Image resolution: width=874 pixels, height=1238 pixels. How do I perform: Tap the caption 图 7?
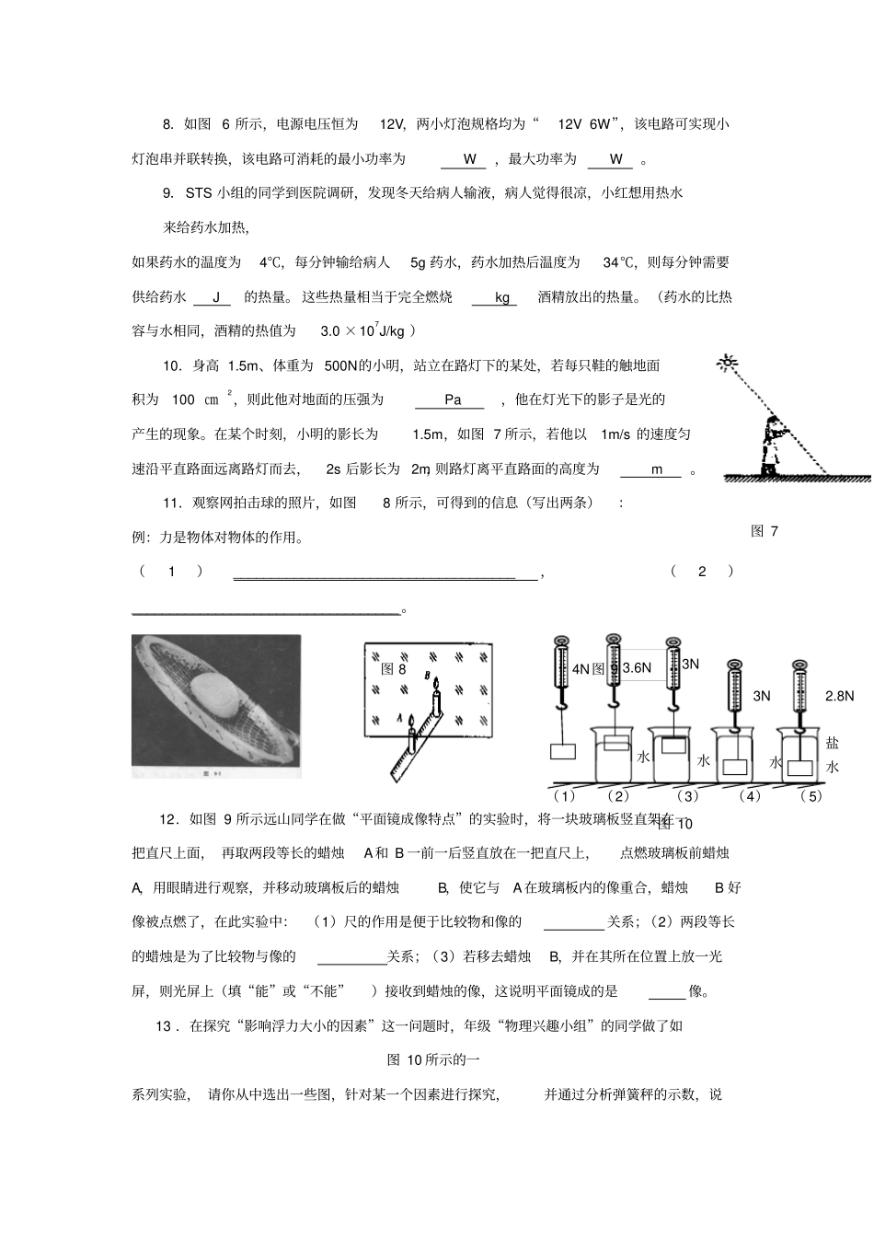[765, 531]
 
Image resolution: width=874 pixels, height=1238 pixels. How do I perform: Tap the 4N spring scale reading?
[581, 669]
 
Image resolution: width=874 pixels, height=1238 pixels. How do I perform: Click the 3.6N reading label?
[637, 668]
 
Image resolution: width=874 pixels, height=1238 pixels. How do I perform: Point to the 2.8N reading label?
[839, 696]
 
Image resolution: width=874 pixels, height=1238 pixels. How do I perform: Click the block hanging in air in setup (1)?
[562, 751]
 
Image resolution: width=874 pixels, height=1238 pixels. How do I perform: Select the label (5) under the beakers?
[811, 795]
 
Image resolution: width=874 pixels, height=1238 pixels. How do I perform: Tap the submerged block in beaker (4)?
[734, 766]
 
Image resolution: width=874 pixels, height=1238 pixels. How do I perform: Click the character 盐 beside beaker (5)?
[832, 744]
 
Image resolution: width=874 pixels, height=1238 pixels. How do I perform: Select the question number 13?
[165, 1025]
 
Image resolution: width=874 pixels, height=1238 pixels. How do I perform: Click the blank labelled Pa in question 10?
[452, 399]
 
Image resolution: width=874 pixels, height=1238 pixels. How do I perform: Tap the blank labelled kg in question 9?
[501, 297]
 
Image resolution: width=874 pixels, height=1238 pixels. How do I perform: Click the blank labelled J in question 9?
[216, 297]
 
